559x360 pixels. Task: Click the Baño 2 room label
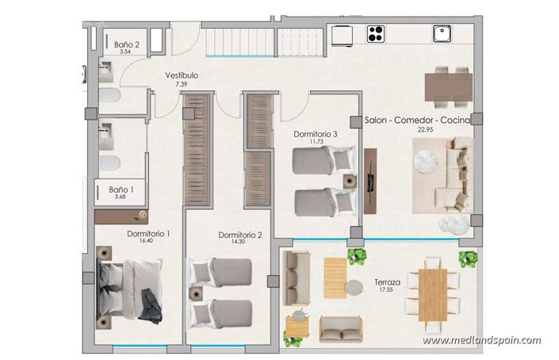[x=127, y=46]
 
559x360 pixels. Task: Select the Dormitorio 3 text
[x=316, y=135]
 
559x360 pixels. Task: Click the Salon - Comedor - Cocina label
[x=417, y=121]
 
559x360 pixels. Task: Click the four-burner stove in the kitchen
[x=376, y=34]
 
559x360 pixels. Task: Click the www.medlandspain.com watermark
[x=481, y=340]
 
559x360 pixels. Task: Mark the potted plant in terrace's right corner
[x=469, y=259]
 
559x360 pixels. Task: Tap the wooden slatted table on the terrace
[x=335, y=278]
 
